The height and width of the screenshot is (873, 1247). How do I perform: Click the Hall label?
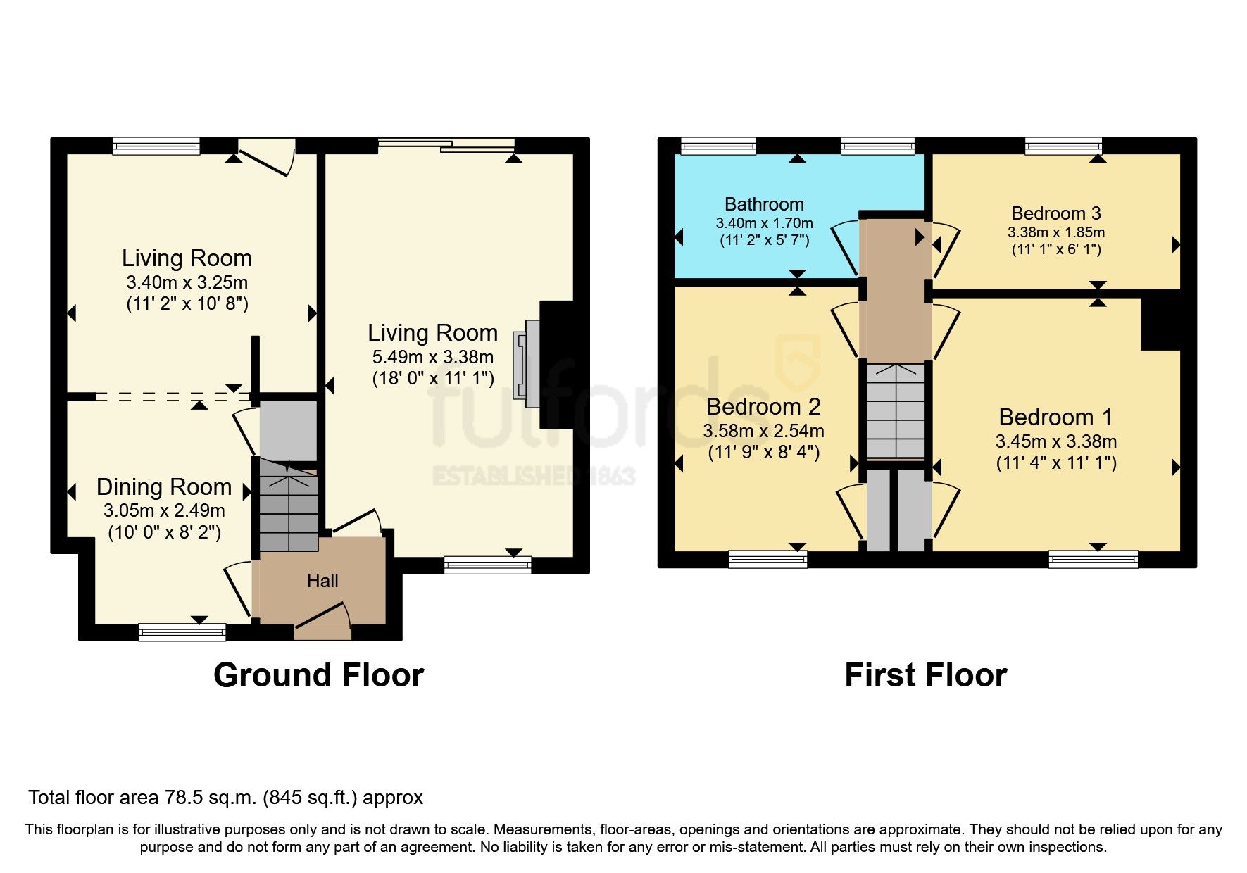[x=322, y=581]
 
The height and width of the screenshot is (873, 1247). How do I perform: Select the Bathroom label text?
[x=764, y=204]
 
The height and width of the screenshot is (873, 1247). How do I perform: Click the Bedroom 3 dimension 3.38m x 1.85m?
[x=1055, y=232]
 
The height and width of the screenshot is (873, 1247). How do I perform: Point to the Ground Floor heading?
[x=318, y=675]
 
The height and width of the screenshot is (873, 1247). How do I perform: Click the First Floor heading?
[x=925, y=675]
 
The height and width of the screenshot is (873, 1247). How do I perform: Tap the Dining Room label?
[x=164, y=487]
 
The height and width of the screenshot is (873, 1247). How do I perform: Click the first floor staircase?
[x=895, y=412]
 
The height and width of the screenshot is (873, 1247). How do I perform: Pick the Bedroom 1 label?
[x=1055, y=417]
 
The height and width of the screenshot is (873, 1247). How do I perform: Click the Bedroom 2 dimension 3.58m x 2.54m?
[x=763, y=431]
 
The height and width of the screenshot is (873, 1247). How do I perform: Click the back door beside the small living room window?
[x=266, y=155]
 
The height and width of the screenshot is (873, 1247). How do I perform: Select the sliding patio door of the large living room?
[x=446, y=146]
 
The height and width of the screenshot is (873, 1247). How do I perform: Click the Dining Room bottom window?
[x=182, y=632]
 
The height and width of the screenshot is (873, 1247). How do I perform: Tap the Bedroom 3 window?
[x=1063, y=146]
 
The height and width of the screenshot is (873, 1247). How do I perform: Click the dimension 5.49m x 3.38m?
[x=432, y=357]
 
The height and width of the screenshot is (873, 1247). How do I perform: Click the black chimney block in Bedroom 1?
[x=1160, y=324]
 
